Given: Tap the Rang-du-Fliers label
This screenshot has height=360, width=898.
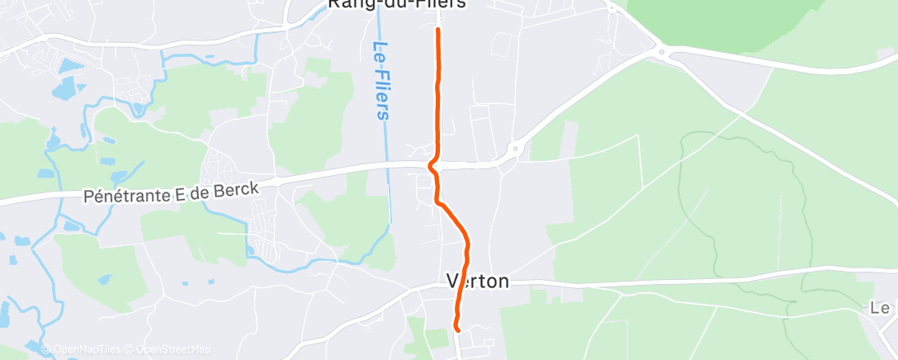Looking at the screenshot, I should pos(397,4).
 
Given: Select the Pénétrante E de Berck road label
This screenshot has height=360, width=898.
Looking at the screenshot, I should pos(172,192).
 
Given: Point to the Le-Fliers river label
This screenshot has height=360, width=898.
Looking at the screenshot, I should pos(381,80).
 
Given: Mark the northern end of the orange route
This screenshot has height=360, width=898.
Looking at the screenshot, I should pos(437,30).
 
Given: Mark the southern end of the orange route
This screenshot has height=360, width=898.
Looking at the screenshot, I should pos(456,329).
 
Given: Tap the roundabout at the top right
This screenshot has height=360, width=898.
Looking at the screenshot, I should pos(664,54).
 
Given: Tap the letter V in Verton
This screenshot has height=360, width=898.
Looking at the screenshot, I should pos(453,281).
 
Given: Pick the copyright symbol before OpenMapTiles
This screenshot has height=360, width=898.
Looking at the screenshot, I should pos(45,350).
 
